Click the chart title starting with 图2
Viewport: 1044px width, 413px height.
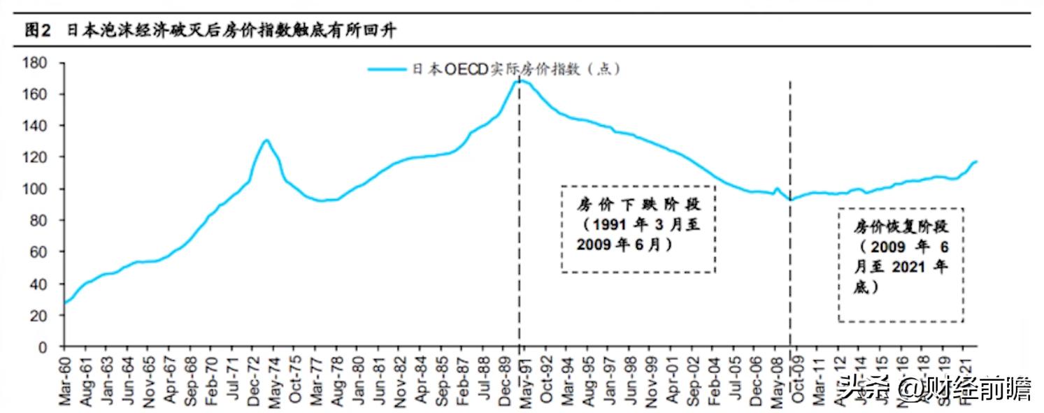tap(210, 31)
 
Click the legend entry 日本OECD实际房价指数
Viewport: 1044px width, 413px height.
tap(493, 69)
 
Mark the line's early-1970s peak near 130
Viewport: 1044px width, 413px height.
tap(266, 140)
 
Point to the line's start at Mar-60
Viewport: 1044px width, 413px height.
tap(65, 303)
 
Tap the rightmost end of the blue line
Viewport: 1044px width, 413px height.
tap(976, 161)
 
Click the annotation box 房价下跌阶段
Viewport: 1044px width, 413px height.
tap(638, 229)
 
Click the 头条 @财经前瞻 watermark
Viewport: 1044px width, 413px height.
tap(937, 389)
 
